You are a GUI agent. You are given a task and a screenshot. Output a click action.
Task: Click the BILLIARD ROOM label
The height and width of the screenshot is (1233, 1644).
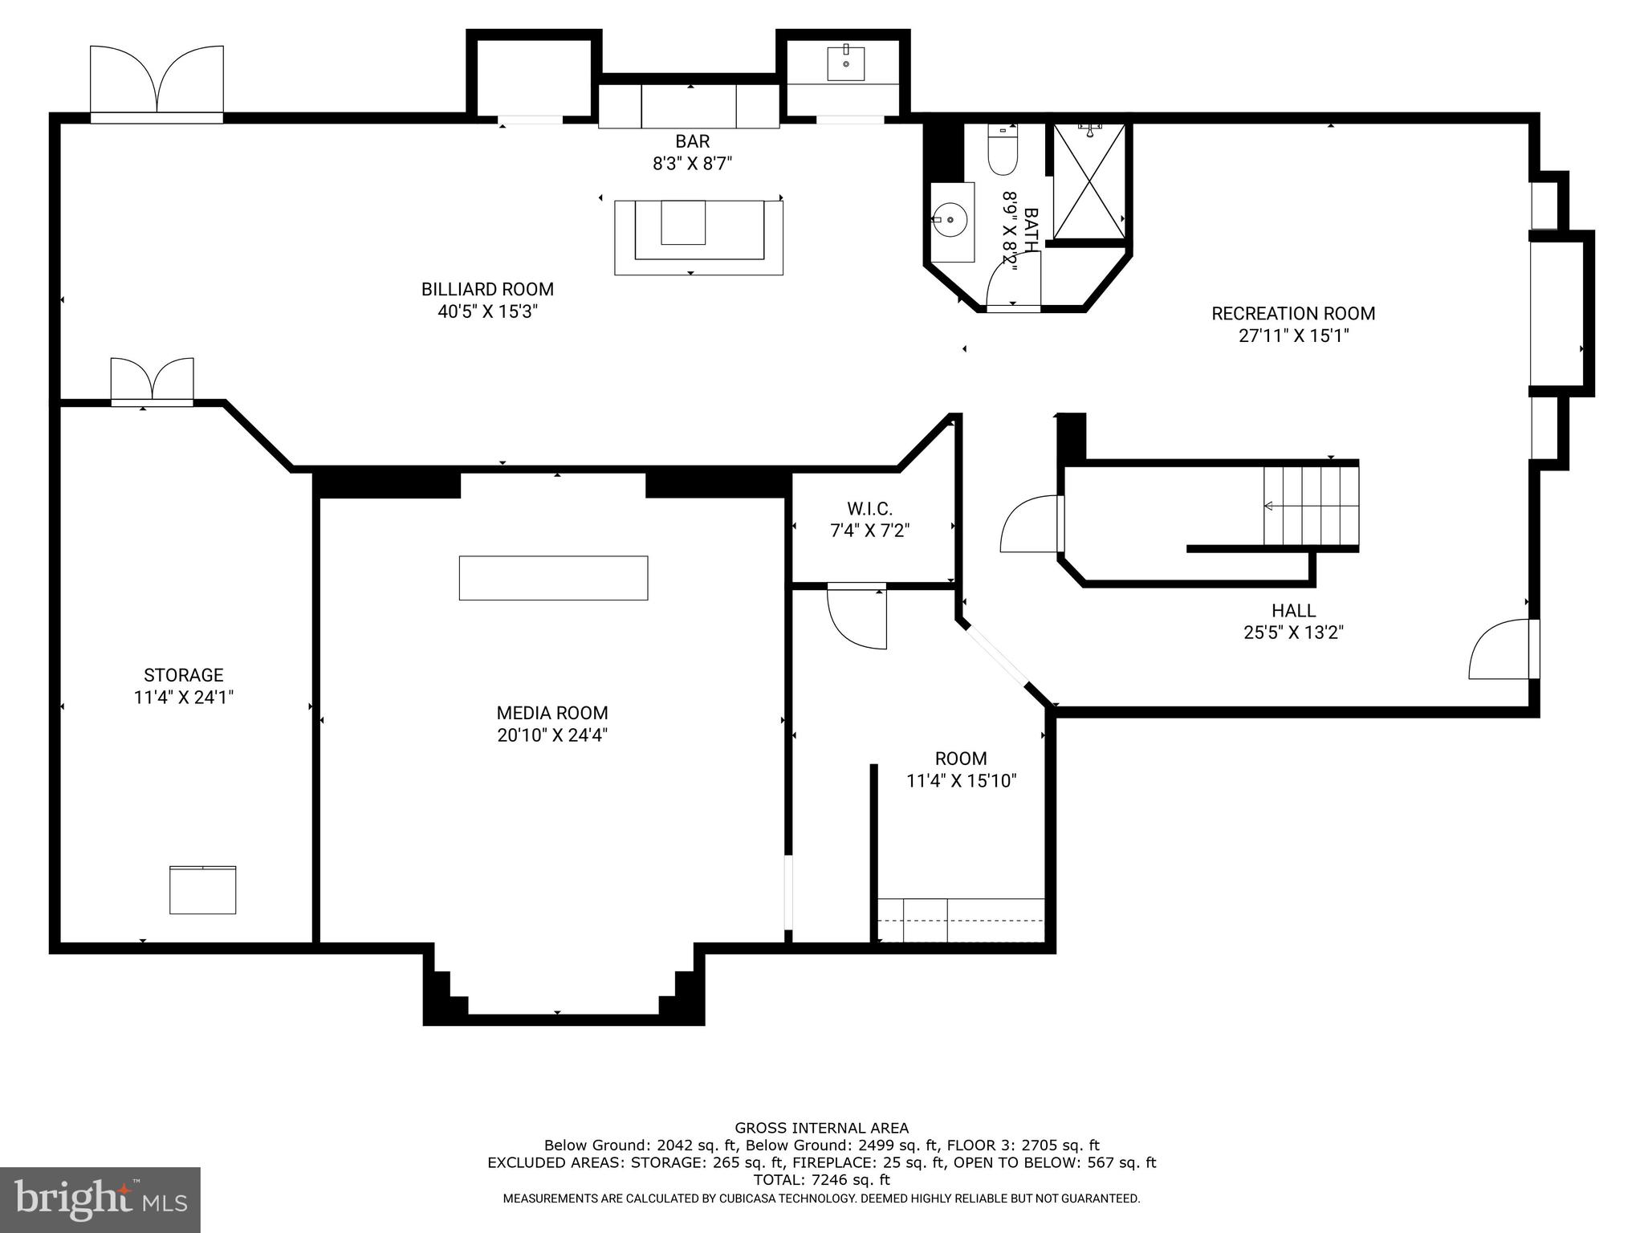coord(487,289)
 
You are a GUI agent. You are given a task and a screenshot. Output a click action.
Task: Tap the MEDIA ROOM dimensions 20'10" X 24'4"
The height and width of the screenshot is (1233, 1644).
coord(552,735)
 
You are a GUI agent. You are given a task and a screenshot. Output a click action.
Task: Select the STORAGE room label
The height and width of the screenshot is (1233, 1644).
coord(183,675)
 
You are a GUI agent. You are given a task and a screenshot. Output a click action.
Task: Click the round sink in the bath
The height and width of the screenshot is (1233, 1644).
coord(950,219)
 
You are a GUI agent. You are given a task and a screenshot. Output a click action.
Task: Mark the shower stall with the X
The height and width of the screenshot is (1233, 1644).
coord(1089,182)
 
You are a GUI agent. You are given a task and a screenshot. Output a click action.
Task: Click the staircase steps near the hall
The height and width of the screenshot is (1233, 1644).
coord(1311,506)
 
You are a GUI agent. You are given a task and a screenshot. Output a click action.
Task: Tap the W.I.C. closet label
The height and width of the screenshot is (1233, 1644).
coord(869,508)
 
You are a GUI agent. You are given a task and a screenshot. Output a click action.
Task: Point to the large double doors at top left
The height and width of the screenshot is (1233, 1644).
coord(157,80)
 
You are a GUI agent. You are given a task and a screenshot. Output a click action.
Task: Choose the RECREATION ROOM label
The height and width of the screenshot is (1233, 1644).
coord(1293,314)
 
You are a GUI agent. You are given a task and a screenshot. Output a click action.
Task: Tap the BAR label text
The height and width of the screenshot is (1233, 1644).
coord(692,141)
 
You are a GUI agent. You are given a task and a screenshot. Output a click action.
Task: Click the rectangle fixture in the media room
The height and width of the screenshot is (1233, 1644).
coord(553,578)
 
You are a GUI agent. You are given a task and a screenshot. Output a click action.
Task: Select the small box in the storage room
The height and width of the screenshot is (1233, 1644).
coord(202,889)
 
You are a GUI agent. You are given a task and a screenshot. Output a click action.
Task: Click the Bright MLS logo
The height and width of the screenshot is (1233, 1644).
coord(100,1200)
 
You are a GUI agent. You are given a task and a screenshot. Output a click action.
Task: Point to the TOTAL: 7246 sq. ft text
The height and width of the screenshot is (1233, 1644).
coord(821,1180)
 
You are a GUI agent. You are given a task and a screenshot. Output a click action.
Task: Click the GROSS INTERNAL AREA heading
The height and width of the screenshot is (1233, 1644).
coord(821,1128)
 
